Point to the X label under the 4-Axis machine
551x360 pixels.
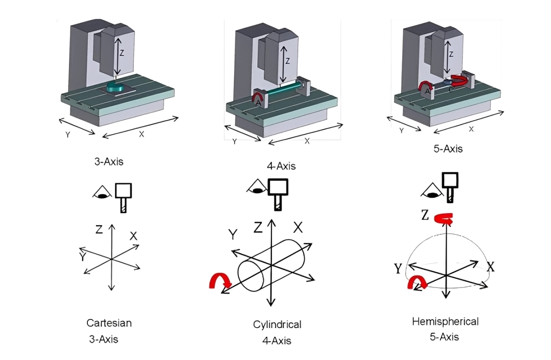point(307,141)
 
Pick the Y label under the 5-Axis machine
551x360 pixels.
point(401,130)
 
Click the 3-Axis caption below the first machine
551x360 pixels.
point(108,162)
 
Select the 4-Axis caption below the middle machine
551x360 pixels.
point(281,166)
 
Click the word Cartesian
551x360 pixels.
point(109,323)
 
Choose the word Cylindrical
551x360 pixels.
point(277,324)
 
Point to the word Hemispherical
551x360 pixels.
point(445,321)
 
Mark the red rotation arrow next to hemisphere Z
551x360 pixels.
point(444,219)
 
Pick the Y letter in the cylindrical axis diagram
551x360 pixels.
point(233,234)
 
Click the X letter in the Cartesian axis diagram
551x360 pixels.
point(133,236)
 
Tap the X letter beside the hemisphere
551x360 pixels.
point(490,267)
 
